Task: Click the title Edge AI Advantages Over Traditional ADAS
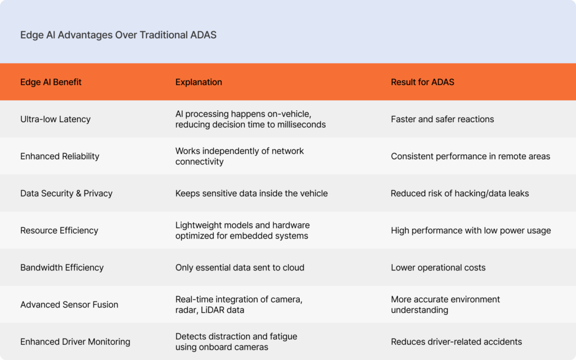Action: (118, 35)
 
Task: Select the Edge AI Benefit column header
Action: (51, 82)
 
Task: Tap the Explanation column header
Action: (199, 82)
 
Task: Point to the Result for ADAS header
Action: (422, 82)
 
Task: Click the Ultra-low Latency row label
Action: (55, 119)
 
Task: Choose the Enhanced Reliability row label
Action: (60, 156)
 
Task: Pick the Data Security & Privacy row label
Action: (66, 193)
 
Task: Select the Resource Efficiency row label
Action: (59, 230)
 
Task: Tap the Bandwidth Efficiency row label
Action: (62, 267)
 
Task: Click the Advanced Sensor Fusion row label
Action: (69, 304)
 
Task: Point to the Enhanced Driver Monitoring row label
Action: (75, 341)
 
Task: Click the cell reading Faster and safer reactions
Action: (442, 119)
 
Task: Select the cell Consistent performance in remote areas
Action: (470, 156)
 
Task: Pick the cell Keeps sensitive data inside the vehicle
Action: (251, 193)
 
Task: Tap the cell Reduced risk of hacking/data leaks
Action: (460, 193)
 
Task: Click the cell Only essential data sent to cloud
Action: (240, 267)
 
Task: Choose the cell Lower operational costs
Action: (438, 267)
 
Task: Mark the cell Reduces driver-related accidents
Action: (456, 341)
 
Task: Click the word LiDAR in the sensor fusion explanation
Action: (212, 310)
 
